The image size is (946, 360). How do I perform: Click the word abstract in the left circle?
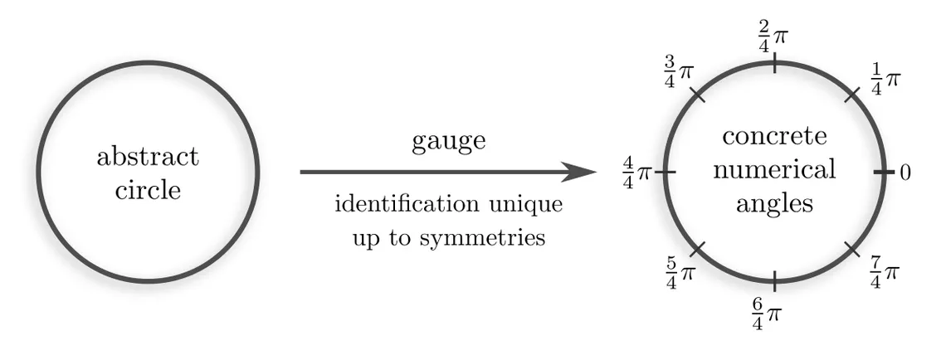(148, 156)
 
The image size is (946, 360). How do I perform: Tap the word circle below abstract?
(148, 190)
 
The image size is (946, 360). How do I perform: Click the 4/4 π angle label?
(638, 173)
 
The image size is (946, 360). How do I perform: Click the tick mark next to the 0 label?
(882, 173)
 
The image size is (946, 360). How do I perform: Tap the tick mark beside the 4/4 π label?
(667, 173)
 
